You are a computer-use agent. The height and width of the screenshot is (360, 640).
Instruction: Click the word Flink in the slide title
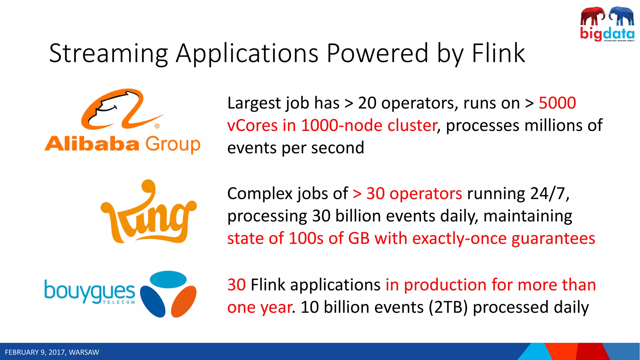tap(498, 53)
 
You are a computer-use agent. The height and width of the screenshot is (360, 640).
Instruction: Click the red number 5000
tap(557, 103)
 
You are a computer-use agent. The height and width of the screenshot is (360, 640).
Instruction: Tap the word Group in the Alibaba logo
tap(173, 145)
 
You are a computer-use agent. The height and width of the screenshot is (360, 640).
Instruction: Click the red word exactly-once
tap(459, 238)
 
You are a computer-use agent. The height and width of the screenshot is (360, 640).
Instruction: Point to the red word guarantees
tap(553, 238)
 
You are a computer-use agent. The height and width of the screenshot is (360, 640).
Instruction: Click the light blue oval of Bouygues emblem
tap(168, 279)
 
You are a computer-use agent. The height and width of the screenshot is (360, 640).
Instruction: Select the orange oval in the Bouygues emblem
tap(184, 302)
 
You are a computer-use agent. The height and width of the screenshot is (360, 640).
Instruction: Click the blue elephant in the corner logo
tap(622, 16)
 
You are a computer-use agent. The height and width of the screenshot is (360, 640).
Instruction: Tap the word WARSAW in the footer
tap(84, 352)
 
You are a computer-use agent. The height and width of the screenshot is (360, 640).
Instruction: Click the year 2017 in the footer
tap(57, 352)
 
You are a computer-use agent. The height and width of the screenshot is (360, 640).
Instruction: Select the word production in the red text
tap(445, 285)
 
